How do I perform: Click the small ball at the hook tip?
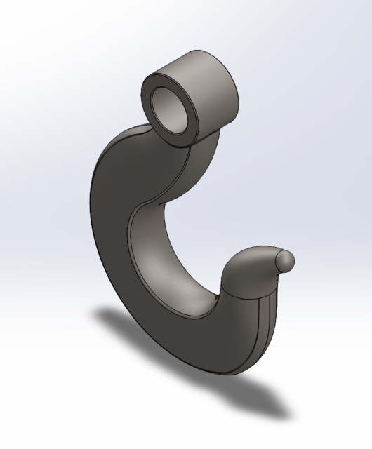pyautogui.click(x=285, y=260)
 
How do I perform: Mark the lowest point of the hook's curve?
pyautogui.click(x=225, y=370)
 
